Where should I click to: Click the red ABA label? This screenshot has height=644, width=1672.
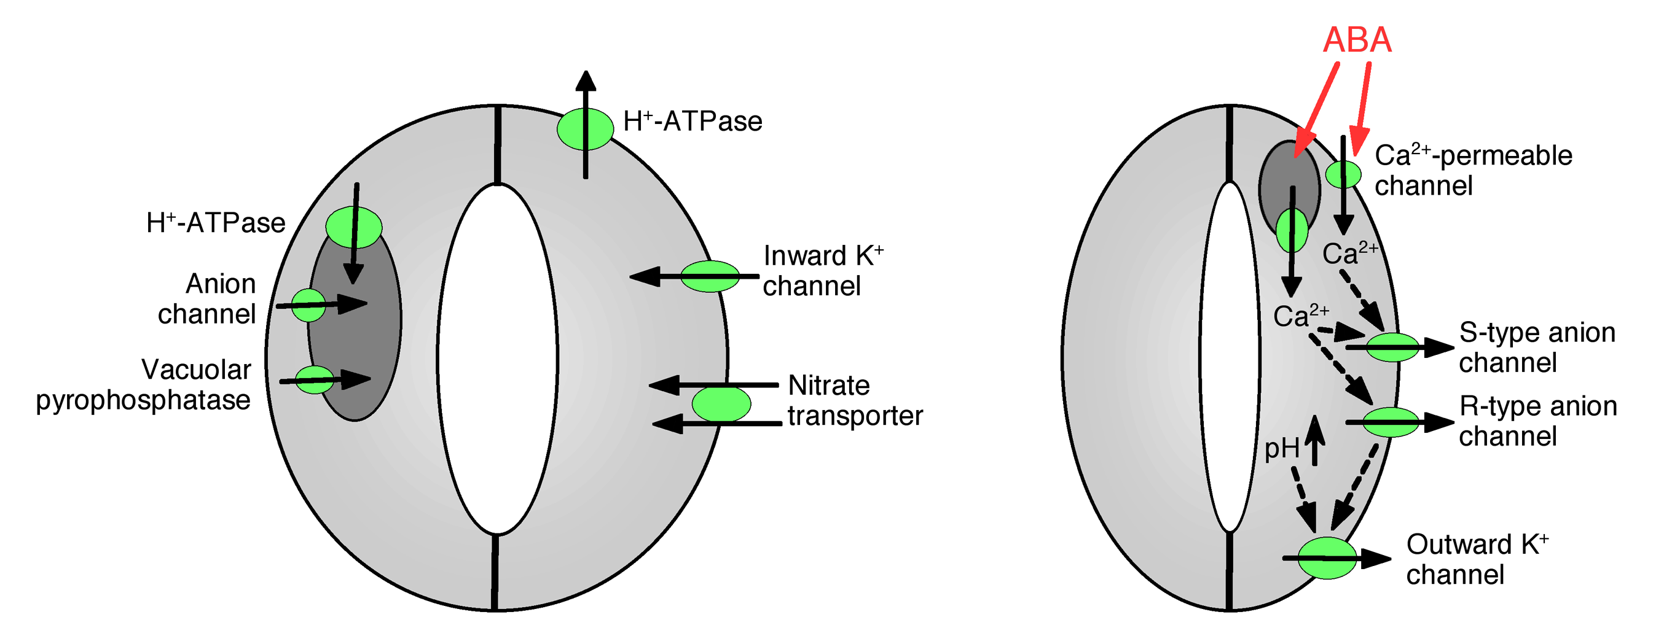(x=1357, y=40)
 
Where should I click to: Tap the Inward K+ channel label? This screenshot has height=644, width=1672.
(x=822, y=271)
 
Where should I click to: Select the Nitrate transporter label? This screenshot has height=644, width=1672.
(x=855, y=400)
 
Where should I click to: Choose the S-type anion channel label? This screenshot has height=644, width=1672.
(x=1536, y=347)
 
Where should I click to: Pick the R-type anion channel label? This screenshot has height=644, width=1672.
(x=1537, y=421)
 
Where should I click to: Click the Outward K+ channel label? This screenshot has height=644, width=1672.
(x=1477, y=559)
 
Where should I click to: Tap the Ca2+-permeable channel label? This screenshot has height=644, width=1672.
(x=1473, y=171)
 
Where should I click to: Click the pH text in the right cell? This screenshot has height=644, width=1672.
(x=1281, y=448)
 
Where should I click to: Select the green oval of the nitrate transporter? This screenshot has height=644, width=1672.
(x=721, y=404)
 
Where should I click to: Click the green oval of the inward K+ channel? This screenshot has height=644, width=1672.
(x=710, y=276)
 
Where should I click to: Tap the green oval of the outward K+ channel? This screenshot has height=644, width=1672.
(x=1327, y=557)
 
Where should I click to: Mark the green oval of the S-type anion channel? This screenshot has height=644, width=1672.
(x=1392, y=347)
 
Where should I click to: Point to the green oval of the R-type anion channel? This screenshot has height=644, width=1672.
(x=1391, y=422)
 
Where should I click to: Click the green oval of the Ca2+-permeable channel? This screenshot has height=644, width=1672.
(x=1343, y=174)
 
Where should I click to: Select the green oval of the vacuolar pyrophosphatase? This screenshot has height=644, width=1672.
(x=315, y=380)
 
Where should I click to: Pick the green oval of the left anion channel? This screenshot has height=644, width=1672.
(x=308, y=305)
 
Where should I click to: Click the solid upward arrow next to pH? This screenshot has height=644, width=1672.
(x=1314, y=440)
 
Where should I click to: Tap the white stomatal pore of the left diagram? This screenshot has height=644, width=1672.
(x=497, y=359)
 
